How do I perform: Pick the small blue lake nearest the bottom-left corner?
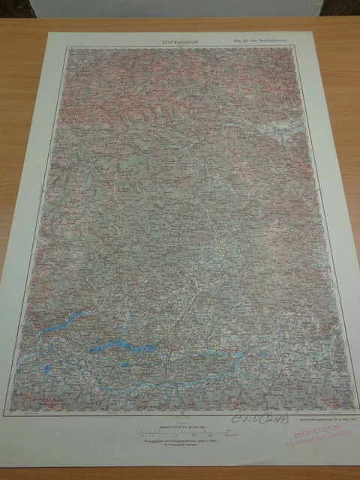pos(46,369)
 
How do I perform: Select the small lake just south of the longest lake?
pos(124,365)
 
